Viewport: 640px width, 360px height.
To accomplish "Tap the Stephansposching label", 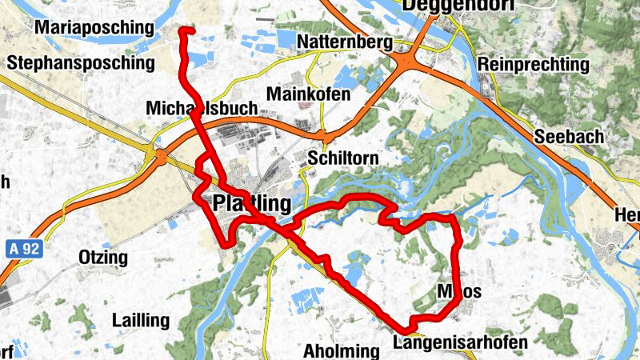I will (68, 62).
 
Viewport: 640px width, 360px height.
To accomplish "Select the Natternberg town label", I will (343, 42).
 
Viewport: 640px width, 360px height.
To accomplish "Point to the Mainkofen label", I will (309, 94).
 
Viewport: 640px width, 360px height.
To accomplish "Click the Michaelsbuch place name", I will (202, 108).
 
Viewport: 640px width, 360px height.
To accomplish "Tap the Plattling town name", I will (252, 204).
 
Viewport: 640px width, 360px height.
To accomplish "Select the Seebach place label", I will (569, 137).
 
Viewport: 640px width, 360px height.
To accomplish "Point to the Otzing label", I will (103, 257).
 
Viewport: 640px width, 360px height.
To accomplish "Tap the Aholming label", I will (341, 350).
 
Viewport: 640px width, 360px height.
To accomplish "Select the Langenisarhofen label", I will (461, 343).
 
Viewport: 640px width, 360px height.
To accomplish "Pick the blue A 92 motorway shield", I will (25, 249).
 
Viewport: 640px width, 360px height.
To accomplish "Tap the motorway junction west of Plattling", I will (159, 154).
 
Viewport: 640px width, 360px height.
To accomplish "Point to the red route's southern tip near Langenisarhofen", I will (406, 329).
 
